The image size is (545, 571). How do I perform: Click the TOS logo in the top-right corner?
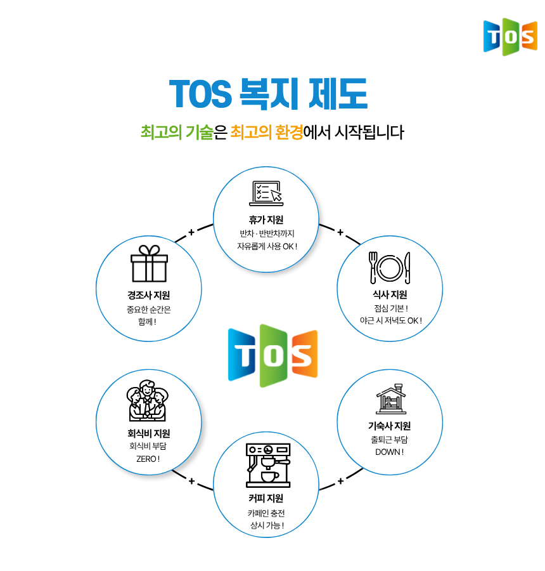[510, 37]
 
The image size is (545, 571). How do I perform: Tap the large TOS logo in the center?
[273, 355]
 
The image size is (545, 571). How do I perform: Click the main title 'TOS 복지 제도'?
[269, 94]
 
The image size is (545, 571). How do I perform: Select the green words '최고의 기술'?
[177, 132]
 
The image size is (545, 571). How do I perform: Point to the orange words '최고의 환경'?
[267, 132]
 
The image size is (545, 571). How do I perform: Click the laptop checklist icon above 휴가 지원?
[266, 194]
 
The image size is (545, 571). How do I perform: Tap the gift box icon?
[149, 263]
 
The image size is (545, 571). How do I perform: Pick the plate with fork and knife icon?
[390, 268]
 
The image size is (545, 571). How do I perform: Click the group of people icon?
[148, 400]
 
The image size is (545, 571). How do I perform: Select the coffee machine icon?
[268, 466]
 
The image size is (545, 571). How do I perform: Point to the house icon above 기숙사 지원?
[391, 399]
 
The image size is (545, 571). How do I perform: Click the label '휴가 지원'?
[266, 220]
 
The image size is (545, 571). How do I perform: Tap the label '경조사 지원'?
[148, 295]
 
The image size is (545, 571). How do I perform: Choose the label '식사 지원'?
[390, 294]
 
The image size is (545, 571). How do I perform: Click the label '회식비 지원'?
[148, 433]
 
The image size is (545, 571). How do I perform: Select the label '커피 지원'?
[266, 498]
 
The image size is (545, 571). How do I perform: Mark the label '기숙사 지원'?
[389, 426]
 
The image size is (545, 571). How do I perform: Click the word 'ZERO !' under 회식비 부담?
[148, 459]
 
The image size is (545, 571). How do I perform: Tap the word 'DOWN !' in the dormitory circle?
[389, 452]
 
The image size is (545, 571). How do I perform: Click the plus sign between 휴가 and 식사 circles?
[340, 232]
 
